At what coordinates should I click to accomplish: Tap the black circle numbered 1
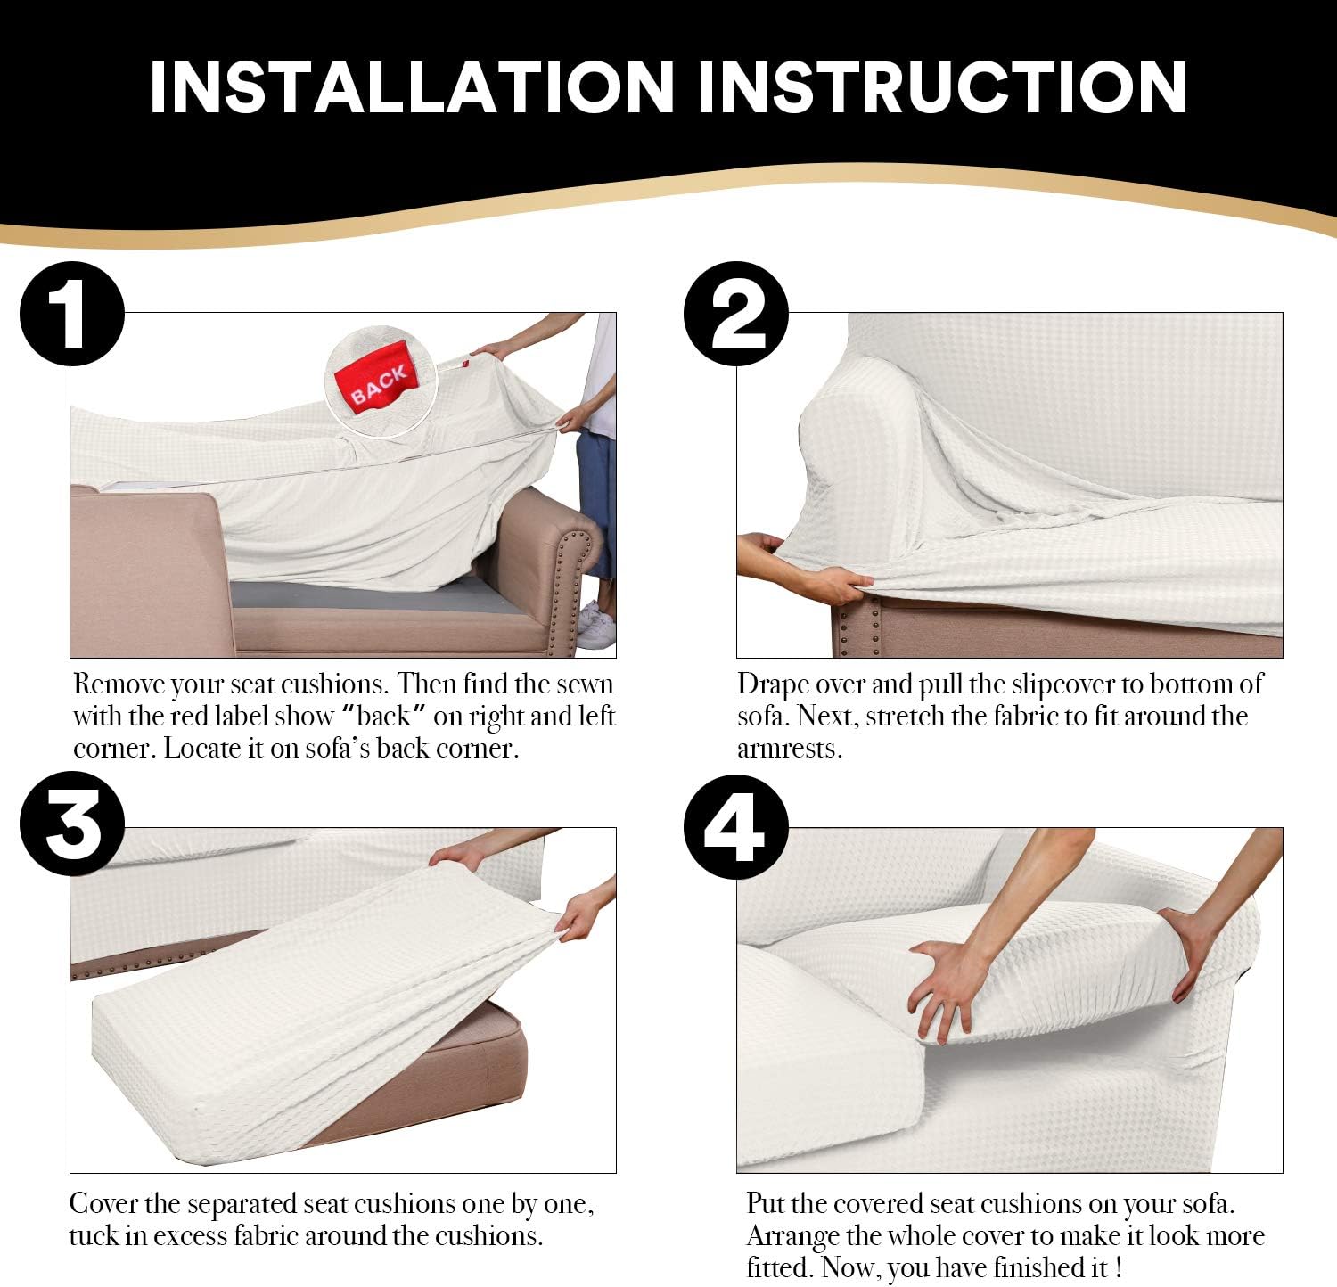pyautogui.click(x=72, y=314)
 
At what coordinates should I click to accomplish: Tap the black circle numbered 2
pyautogui.click(x=736, y=314)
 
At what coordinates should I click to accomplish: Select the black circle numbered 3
pyautogui.click(x=72, y=824)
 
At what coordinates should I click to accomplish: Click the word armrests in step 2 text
pyautogui.click(x=789, y=749)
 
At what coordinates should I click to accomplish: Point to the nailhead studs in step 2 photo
pyautogui.click(x=856, y=628)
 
